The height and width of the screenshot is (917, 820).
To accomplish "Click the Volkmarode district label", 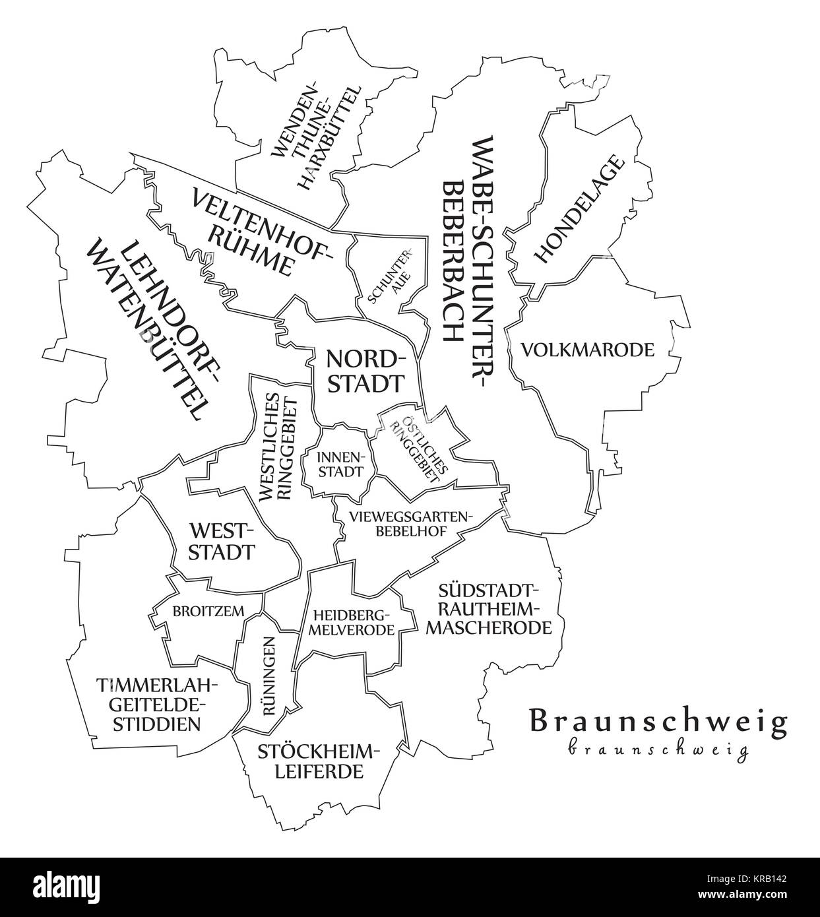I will [x=588, y=350].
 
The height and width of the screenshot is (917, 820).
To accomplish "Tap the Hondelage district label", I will [x=579, y=209].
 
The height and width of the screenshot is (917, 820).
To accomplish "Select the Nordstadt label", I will [x=365, y=371].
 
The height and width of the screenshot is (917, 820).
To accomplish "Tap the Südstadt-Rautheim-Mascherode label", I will [x=489, y=608].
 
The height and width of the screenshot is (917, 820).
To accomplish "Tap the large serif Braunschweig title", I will [x=658, y=721].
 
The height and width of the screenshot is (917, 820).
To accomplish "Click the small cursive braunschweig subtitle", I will [x=658, y=750].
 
